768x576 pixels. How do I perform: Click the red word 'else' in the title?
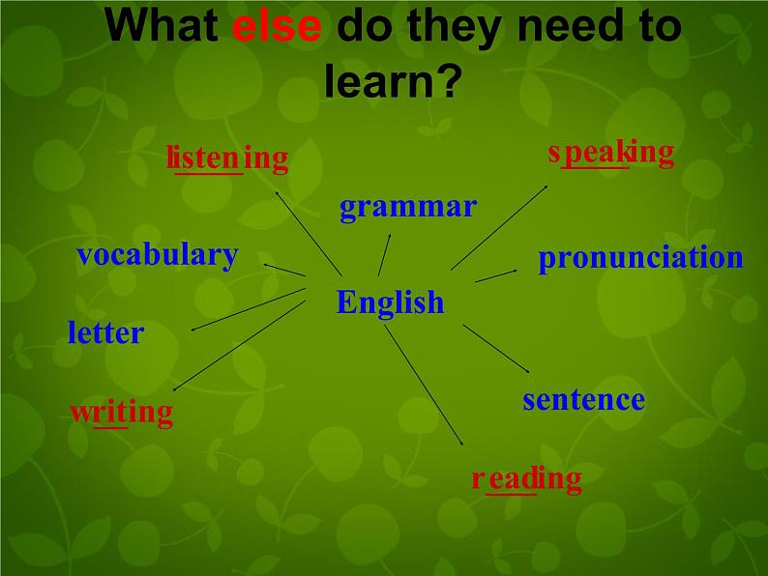(x=277, y=26)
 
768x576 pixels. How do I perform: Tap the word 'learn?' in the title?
(x=389, y=83)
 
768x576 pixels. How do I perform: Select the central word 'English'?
(x=390, y=302)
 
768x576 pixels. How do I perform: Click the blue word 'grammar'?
(x=407, y=206)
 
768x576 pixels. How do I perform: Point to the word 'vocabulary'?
(x=157, y=254)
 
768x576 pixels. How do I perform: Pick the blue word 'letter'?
(x=105, y=333)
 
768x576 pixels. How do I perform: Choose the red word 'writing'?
(x=121, y=413)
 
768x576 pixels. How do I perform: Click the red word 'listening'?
(x=227, y=158)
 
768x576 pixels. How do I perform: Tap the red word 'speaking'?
(x=610, y=152)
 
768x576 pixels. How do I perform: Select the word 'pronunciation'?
(x=640, y=257)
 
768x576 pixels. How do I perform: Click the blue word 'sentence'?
(x=583, y=399)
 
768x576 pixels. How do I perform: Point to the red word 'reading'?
(x=526, y=478)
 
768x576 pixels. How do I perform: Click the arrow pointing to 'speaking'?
(x=499, y=226)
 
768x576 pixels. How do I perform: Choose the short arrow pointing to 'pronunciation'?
(x=496, y=275)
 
